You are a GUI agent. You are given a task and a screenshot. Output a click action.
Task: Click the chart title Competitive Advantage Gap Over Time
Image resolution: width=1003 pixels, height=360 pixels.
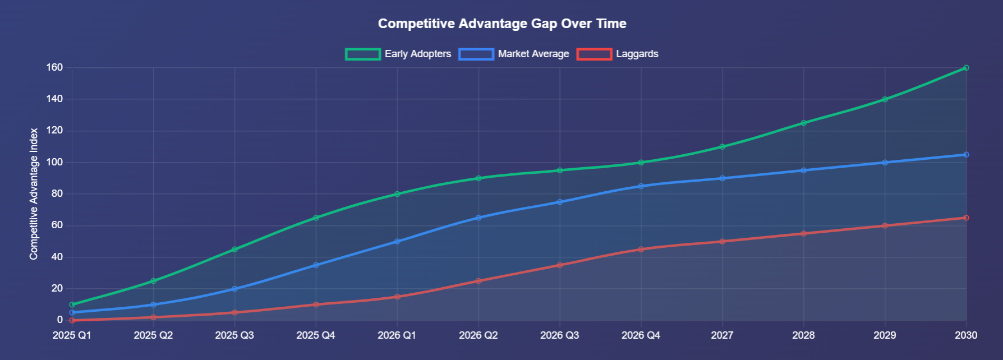502,24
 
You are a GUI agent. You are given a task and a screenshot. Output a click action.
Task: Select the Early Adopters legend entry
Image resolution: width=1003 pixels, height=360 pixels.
398,54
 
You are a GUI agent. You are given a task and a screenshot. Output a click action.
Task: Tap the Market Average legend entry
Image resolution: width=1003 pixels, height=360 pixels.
514,54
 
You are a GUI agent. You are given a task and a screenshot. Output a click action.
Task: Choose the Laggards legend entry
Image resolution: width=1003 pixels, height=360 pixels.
618,54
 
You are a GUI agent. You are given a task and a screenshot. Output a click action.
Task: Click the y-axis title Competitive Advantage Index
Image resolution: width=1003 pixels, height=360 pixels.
34,194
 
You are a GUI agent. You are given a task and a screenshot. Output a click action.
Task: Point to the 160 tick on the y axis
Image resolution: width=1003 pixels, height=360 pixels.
54,68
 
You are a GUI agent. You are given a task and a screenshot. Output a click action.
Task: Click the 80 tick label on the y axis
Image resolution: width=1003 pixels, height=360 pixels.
57,194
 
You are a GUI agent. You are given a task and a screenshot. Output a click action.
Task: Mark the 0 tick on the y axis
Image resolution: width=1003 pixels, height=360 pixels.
59,320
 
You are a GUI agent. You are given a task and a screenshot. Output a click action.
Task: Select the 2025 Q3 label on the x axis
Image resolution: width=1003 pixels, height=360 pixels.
234,335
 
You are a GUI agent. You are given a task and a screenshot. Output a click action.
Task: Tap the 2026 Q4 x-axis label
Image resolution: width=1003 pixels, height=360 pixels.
641,335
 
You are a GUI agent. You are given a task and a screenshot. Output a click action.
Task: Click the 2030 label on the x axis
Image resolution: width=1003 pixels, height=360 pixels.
966,335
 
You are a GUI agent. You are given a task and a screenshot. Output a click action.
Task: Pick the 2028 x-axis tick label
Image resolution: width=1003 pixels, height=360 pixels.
803,335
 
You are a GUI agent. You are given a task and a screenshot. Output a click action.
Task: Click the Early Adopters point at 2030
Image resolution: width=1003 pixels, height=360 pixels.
966,68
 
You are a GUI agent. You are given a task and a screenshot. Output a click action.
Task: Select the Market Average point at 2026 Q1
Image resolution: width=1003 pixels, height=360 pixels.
397,242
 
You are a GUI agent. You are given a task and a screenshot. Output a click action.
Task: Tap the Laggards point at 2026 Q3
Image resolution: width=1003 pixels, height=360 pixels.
560,265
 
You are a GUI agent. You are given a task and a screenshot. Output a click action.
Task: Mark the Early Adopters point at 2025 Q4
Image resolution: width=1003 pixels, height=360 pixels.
316,218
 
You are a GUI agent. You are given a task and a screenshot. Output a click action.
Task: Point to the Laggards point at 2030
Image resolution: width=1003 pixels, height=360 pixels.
966,218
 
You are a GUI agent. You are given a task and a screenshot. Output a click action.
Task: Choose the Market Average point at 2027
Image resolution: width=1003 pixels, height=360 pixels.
722,178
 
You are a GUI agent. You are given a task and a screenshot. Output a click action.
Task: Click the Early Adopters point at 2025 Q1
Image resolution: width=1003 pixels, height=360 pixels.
72,304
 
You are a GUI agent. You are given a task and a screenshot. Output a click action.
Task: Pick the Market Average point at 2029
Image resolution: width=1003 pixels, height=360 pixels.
885,163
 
